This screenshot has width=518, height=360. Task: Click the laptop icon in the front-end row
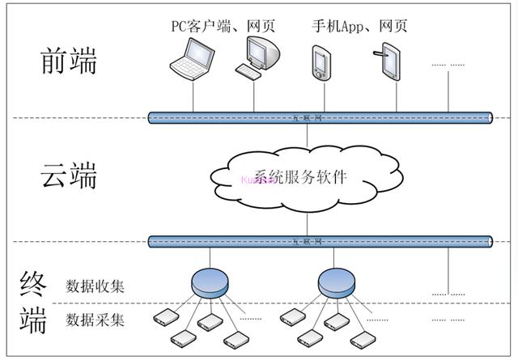(x=192, y=60)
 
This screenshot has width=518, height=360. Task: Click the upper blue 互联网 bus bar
(x=321, y=118)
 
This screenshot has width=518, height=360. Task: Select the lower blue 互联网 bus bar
(x=321, y=241)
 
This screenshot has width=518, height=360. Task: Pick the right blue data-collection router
(x=337, y=282)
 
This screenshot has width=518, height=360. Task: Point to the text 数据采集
(x=95, y=320)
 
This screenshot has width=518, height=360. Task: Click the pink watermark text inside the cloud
(x=258, y=180)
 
